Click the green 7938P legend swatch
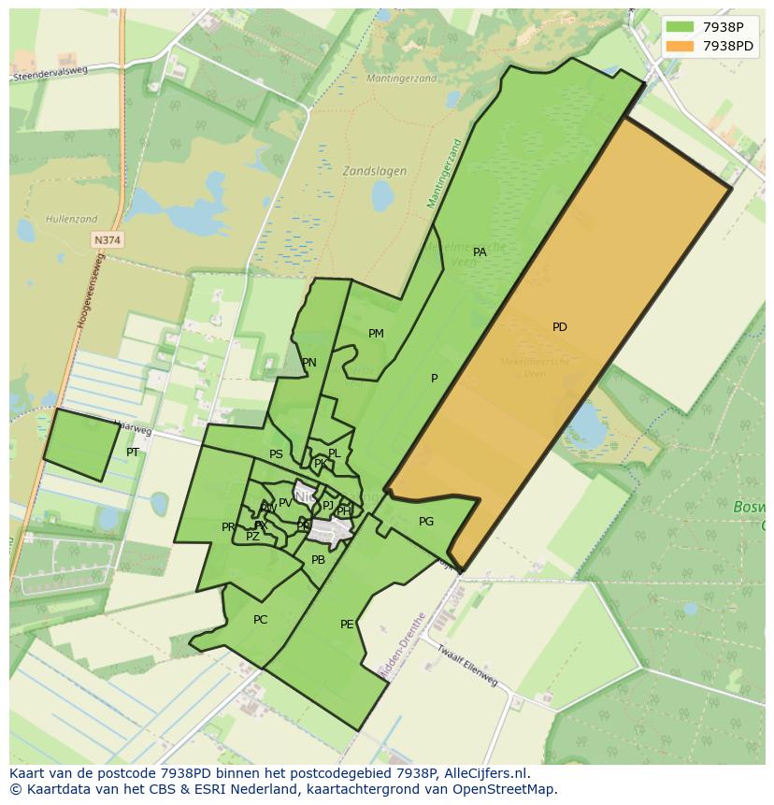[x=680, y=27]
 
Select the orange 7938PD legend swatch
[x=680, y=46]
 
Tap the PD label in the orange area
[x=559, y=327]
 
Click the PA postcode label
[x=480, y=252]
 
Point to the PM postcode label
[x=376, y=334]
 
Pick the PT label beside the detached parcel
[x=133, y=453]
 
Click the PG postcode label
[x=426, y=523]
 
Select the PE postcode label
[x=347, y=625]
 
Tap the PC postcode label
[x=260, y=620]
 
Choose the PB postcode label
[x=318, y=560]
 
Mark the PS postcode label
[x=276, y=455]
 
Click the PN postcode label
[x=308, y=364]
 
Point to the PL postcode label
[x=334, y=453]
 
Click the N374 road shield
[x=107, y=240]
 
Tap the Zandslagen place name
[x=374, y=171]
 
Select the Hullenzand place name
[x=71, y=220]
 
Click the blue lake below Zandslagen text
[x=382, y=196]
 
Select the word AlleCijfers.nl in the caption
[x=484, y=773]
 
